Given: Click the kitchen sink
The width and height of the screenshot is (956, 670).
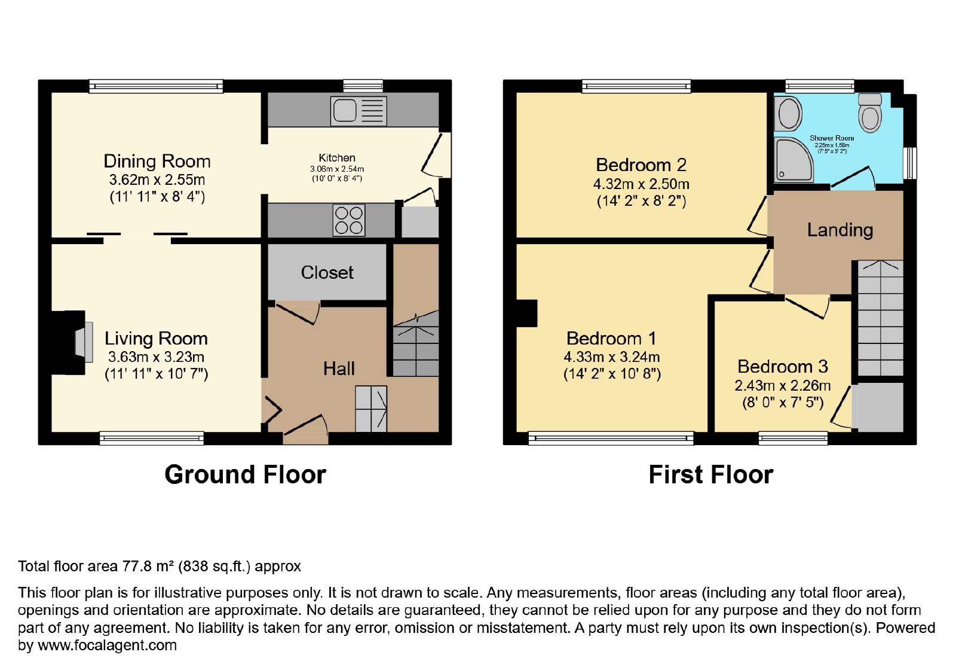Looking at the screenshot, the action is coord(358,111).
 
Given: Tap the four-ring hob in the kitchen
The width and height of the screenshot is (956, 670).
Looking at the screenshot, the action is coord(349,221).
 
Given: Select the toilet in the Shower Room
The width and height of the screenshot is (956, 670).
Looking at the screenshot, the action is coord(870,113).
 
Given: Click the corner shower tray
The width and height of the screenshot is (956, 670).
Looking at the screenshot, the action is coord(794,160).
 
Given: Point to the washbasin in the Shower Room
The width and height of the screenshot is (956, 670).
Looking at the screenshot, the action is coord(789,113).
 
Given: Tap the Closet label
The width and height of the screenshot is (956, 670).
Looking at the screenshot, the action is coord(327,273).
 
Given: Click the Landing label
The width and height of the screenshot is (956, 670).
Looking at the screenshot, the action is coord(840,230).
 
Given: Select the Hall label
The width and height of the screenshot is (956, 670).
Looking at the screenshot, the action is coord(339,368).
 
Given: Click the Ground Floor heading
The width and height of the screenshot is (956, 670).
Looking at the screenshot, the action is coord(246,475).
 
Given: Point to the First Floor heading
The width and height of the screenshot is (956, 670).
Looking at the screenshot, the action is coord(710,475).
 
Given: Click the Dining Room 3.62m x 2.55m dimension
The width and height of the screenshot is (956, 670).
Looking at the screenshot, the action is coord(157,180).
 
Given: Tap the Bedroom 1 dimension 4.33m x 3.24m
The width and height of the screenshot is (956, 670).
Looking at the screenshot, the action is coord(612,357).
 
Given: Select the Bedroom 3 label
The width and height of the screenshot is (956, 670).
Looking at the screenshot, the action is coord(783,367).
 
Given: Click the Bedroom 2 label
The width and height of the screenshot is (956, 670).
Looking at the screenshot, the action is coord(641,165).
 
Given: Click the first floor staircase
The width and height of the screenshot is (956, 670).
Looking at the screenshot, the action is coord(881,318).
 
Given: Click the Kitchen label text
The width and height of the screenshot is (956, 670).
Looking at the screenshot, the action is coord(337,158).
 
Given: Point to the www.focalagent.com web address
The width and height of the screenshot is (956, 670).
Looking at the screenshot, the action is coord(107,645).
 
